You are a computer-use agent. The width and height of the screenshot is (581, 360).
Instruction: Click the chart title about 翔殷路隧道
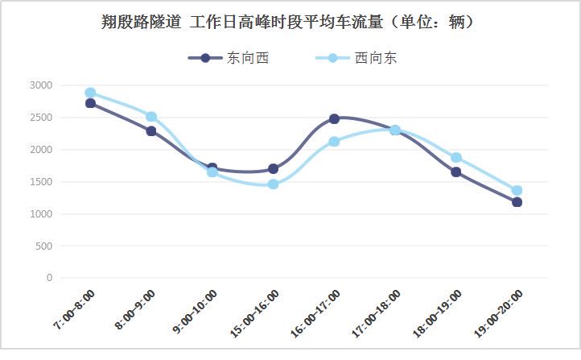[287, 23]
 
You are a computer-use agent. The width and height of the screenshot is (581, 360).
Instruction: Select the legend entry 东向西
[229, 58]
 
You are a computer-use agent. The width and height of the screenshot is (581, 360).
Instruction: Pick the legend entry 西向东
[356, 58]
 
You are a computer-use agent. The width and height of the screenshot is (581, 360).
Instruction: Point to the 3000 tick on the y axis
[41, 85]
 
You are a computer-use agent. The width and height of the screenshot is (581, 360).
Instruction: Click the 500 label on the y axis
[43, 246]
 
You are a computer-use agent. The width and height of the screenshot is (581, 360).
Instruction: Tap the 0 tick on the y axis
[49, 278]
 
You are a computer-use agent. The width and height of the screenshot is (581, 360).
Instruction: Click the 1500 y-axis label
[41, 182]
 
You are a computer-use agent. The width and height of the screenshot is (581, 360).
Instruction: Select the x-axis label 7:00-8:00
[75, 309]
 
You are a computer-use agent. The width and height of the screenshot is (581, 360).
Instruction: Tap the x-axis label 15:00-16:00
[254, 313]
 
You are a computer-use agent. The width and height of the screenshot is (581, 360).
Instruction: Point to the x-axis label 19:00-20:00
[499, 313]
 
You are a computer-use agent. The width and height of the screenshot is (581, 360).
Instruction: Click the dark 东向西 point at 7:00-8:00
[90, 103]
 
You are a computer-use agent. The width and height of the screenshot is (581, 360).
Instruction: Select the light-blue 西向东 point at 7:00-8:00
[90, 93]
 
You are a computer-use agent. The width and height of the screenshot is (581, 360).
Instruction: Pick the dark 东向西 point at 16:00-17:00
[334, 118]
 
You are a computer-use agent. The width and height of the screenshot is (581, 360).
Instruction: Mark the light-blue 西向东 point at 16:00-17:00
[334, 141]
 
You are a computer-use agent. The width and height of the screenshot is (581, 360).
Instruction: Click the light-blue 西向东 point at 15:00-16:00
[273, 184]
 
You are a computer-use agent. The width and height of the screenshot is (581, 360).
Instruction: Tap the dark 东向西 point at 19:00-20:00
[517, 202]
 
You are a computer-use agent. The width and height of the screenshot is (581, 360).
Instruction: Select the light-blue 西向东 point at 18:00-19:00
[456, 158]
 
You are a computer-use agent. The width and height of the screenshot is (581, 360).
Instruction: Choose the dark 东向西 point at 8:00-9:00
[151, 131]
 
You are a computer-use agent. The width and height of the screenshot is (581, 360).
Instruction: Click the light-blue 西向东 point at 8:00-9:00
[151, 117]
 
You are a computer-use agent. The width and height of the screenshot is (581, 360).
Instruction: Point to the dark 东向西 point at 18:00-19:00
[456, 172]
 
